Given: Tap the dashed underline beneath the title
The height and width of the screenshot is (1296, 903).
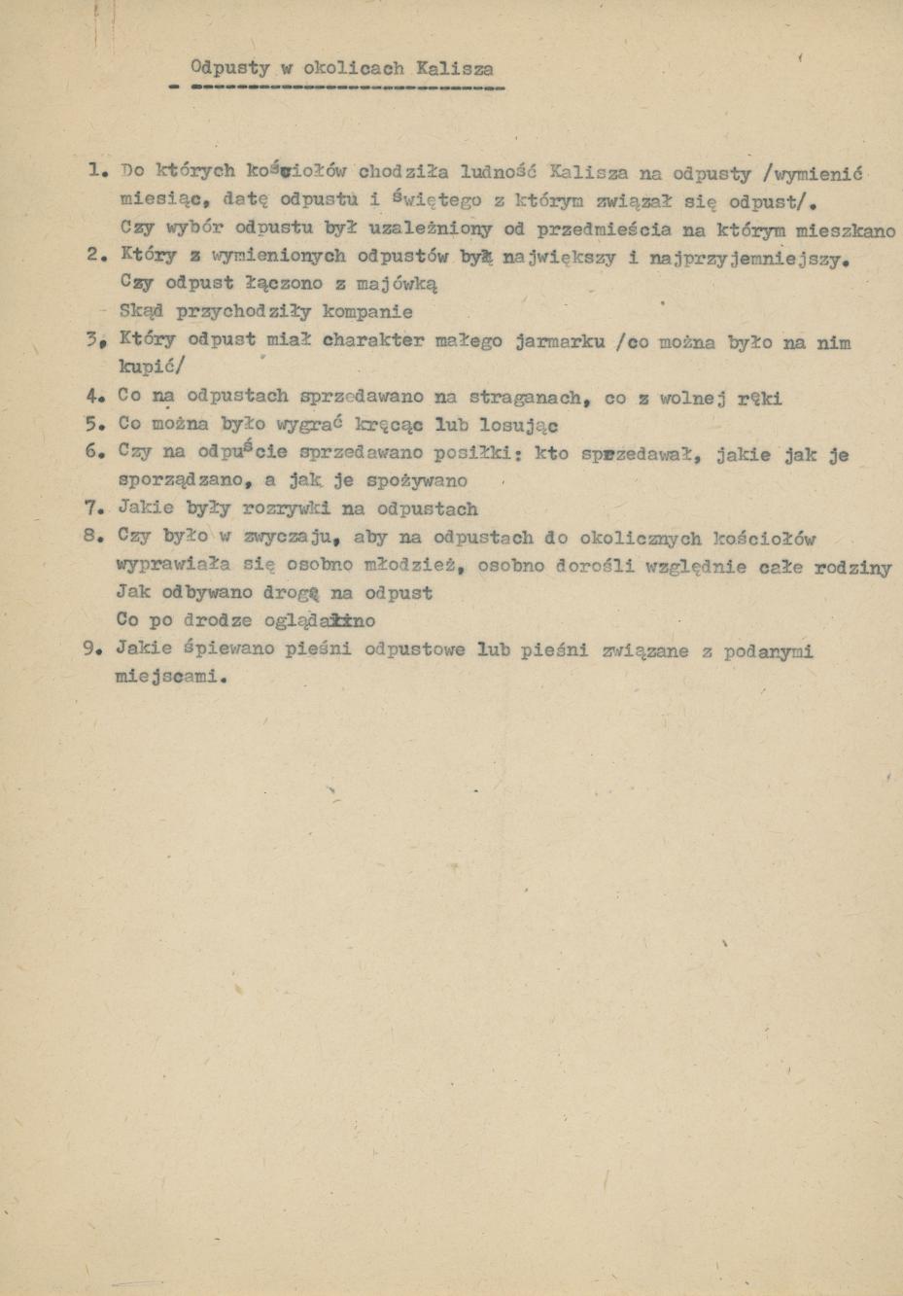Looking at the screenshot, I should click(336, 88).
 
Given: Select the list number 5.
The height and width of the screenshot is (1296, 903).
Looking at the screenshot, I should click(93, 424).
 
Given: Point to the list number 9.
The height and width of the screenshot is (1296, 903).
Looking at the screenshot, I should click(93, 649).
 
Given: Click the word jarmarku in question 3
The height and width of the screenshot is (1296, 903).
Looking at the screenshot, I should click(561, 342).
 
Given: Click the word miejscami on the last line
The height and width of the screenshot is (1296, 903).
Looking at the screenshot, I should click(168, 678).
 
